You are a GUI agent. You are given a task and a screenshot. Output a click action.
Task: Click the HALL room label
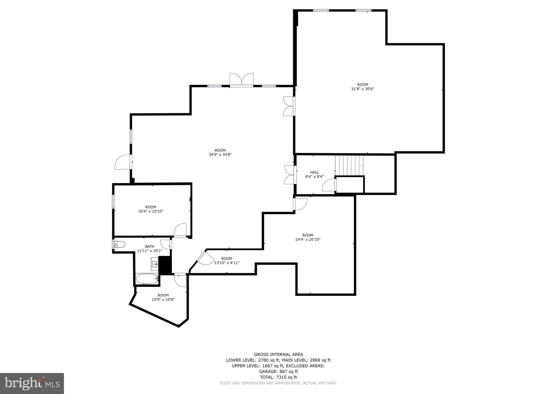[314, 172]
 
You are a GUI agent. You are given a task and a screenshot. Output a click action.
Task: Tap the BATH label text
[150, 247]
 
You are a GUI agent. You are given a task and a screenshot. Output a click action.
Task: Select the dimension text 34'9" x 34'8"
[220, 155]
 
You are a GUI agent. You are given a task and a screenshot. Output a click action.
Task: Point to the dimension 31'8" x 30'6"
[363, 89]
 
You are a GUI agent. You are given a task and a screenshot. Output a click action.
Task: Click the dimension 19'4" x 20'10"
[308, 240]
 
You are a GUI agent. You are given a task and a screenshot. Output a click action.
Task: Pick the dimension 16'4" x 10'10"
[151, 211]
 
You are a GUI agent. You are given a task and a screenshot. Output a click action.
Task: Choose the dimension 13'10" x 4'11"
[227, 263]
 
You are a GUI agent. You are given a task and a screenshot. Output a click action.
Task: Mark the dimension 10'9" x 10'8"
[163, 300]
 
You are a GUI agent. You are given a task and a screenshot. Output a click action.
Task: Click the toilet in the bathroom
[120, 244]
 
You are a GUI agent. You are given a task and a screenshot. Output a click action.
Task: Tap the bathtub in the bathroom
[147, 279]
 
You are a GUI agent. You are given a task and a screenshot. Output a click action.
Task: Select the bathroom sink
[155, 264]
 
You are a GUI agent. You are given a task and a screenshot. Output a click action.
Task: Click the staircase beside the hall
[349, 165]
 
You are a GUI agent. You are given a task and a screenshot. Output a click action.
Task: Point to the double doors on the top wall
[242, 80]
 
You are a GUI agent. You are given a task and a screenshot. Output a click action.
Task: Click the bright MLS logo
[32, 383]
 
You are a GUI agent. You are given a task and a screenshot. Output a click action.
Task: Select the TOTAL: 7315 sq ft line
[278, 377]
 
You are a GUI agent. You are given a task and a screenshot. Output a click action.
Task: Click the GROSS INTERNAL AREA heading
[278, 354]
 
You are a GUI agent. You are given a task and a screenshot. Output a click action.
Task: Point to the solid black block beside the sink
[165, 264]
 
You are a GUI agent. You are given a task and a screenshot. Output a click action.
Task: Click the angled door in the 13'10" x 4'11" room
[205, 258]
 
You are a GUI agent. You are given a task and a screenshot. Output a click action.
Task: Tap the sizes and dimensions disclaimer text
[278, 383]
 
